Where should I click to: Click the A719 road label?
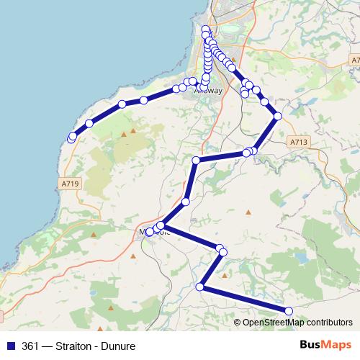point(71,184)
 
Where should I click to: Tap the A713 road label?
point(300,142)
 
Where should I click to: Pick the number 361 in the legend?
point(31,346)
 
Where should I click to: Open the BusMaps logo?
point(325,346)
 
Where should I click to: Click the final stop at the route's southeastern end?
point(289,311)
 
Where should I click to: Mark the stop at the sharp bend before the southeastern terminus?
point(200,287)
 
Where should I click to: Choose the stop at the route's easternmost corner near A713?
point(277,116)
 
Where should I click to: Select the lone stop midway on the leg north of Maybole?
point(186,202)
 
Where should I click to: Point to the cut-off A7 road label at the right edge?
point(356,58)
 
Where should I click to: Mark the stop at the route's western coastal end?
point(71,138)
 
